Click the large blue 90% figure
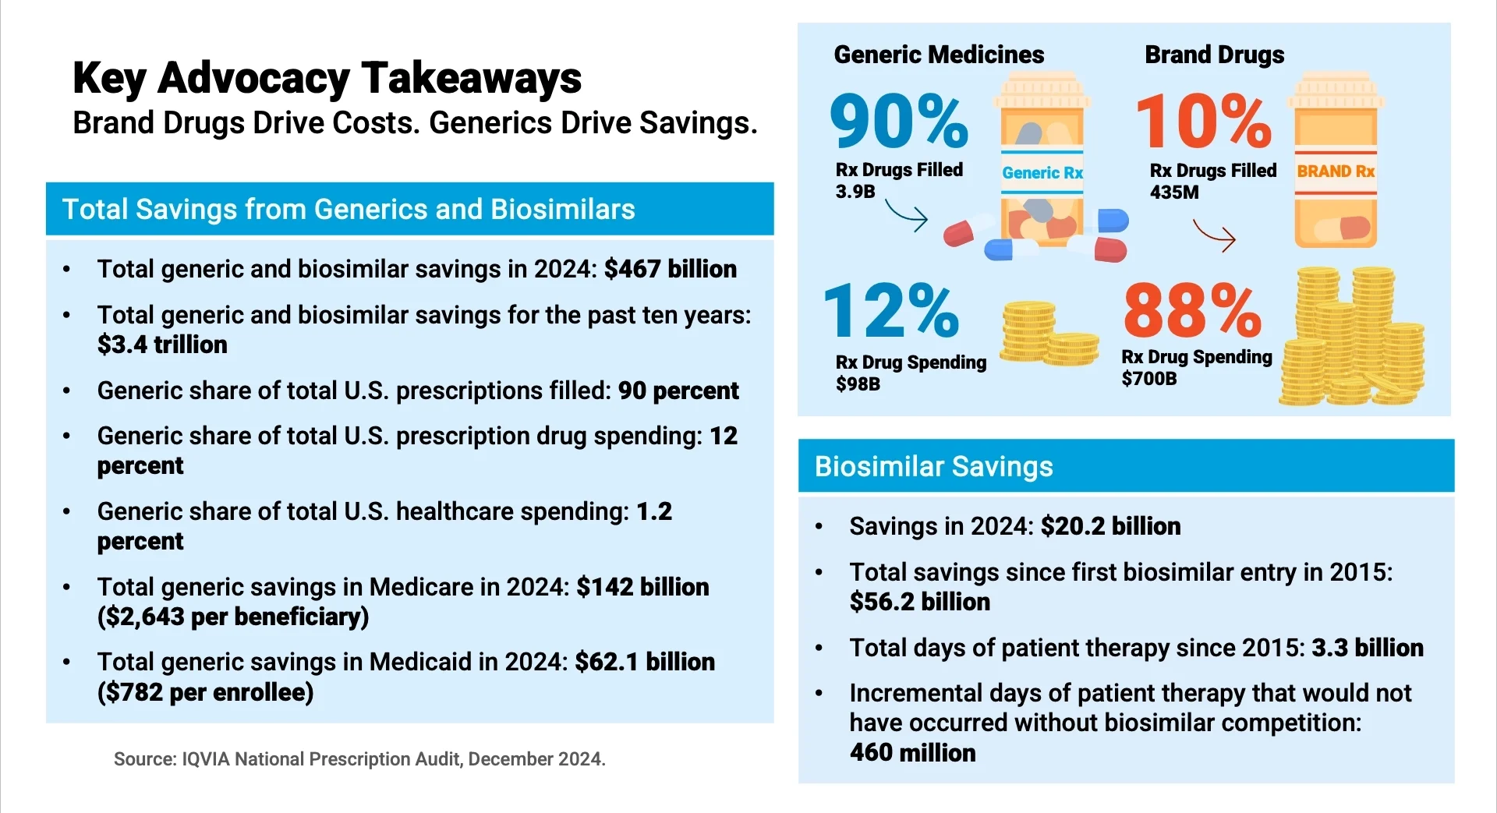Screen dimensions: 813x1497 coord(898,121)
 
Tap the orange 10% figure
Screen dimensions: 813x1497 coord(1203,121)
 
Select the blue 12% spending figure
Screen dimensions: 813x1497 coord(890,310)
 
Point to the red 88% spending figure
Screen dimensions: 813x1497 coord(1192,310)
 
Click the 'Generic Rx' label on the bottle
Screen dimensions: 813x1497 coord(1042,173)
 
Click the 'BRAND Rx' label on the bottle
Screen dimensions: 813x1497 coord(1336,171)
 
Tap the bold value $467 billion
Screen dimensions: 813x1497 coord(670,269)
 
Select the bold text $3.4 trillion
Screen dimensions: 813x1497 coord(162,345)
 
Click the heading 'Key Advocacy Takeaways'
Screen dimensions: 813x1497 coord(327,78)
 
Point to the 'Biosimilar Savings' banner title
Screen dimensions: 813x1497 coord(933,466)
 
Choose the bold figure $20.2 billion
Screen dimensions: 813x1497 coord(1110,526)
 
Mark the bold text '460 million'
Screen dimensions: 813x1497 coord(912,753)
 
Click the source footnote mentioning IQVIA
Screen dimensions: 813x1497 coord(359,759)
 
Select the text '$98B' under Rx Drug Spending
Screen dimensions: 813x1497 coord(858,384)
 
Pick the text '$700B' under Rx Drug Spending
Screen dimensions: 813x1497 coord(1148,379)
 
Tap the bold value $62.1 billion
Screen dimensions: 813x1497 coord(644,662)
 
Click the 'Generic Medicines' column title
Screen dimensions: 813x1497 coord(939,55)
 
